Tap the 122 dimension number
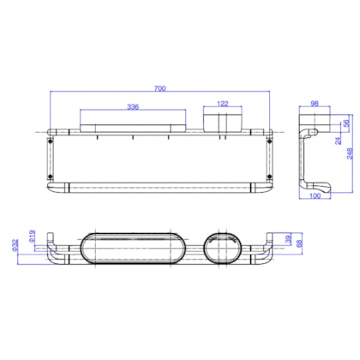[x=222, y=105]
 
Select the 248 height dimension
[x=346, y=155]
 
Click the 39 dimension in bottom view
[x=288, y=240]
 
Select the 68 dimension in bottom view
[x=297, y=245]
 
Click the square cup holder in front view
[x=222, y=121]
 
